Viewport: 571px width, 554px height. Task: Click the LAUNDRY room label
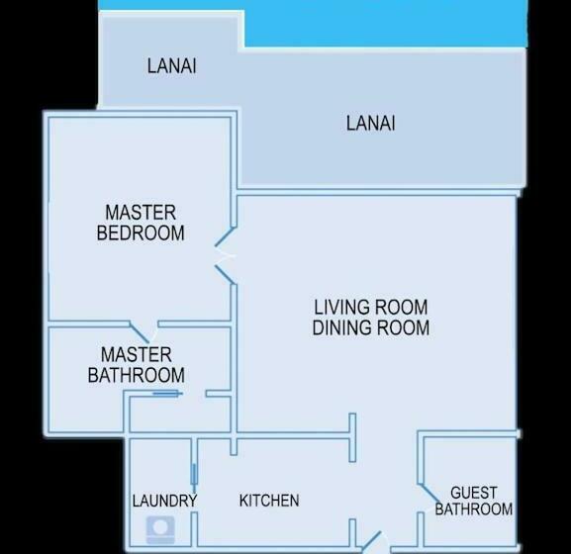pos(164,501)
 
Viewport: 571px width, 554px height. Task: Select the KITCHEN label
pos(269,501)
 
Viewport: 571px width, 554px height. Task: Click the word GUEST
pos(474,493)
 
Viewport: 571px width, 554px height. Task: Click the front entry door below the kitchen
pos(371,542)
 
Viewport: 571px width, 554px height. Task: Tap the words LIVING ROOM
pos(371,308)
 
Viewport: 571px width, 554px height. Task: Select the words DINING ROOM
pos(371,327)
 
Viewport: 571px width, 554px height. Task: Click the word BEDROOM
pos(141,233)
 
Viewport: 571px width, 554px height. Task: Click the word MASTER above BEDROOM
pos(141,213)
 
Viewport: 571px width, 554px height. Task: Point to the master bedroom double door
pos(226,256)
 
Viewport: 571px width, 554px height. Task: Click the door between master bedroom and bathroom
pos(143,329)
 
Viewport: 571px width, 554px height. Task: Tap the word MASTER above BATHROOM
pos(137,354)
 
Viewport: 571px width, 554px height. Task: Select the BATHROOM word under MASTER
pos(137,375)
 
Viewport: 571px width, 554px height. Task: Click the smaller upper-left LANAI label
pos(171,66)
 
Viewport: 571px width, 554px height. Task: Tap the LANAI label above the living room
pos(371,124)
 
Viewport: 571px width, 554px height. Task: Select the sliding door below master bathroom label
pos(165,394)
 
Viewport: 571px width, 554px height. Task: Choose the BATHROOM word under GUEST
pos(474,509)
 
